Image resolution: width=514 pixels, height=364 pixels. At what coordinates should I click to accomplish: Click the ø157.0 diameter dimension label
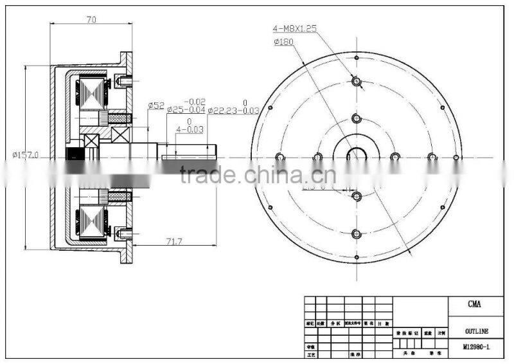[26, 155]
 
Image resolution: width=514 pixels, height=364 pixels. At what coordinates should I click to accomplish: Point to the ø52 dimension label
[157, 105]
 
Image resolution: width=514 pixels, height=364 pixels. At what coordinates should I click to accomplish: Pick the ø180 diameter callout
[283, 42]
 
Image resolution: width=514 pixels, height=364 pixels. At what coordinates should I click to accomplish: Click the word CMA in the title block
[475, 304]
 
